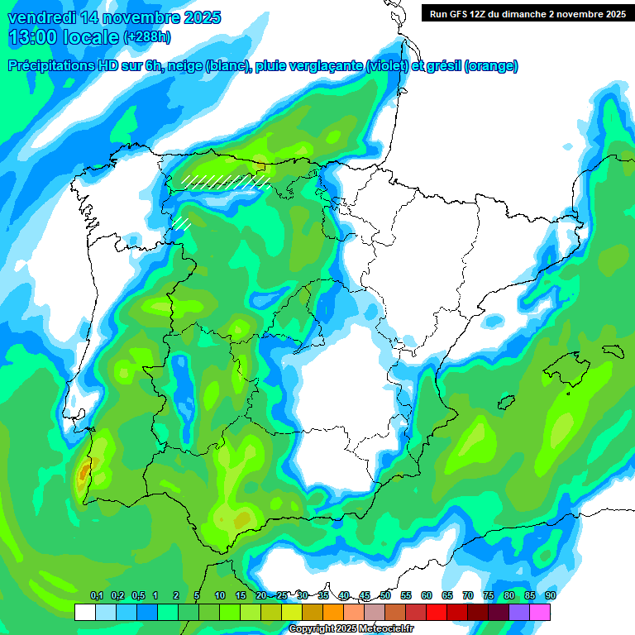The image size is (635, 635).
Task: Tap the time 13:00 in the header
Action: pyautogui.click(x=38, y=37)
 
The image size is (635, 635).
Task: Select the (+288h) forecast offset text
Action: pyautogui.click(x=147, y=37)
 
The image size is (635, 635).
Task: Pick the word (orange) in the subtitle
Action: pyautogui.click(x=491, y=66)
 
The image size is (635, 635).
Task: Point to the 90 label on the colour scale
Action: pyautogui.click(x=550, y=595)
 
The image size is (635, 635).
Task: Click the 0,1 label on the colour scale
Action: pyautogui.click(x=96, y=595)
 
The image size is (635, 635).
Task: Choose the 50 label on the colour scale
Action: pyautogui.click(x=385, y=595)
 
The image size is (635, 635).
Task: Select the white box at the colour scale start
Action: pyautogui.click(x=84, y=613)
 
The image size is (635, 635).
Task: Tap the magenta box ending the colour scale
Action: pyautogui.click(x=540, y=613)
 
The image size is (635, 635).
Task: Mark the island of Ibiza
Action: pyautogui.click(x=505, y=402)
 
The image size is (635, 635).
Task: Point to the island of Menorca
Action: pyautogui.click(x=613, y=348)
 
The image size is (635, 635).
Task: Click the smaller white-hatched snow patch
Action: pyautogui.click(x=181, y=222)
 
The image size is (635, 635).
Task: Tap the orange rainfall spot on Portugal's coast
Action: pyautogui.click(x=83, y=474)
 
